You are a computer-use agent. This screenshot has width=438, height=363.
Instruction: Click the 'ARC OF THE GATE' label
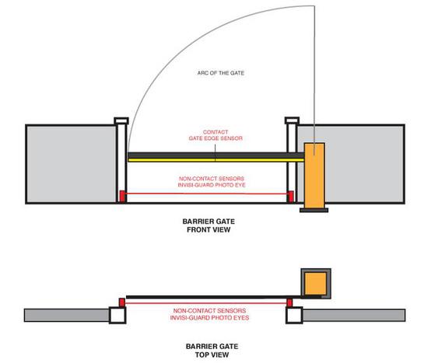pyautogui.click(x=221, y=73)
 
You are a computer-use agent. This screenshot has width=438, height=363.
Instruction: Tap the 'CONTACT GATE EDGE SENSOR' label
pyautogui.click(x=215, y=135)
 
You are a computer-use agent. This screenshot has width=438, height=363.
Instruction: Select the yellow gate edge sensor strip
pyautogui.click(x=216, y=160)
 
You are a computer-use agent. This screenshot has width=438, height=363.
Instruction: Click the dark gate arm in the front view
pyautogui.click(x=216, y=155)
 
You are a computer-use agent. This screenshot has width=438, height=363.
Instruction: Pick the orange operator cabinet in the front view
pyautogui.click(x=314, y=176)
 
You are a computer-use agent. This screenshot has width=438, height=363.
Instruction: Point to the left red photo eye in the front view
pyautogui.click(x=122, y=196)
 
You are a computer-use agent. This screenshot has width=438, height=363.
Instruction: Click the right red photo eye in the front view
pyautogui.click(x=291, y=196)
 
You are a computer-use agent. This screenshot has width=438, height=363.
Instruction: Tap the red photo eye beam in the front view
pyautogui.click(x=206, y=194)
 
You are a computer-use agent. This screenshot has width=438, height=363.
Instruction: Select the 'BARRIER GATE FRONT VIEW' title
pyautogui.click(x=208, y=225)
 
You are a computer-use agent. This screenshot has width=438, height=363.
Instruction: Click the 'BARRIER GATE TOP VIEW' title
pyautogui.click(x=212, y=351)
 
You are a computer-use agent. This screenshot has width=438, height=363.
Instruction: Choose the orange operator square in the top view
pyautogui.click(x=316, y=284)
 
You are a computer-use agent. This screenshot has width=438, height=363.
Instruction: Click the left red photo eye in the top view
pyautogui.click(x=122, y=302)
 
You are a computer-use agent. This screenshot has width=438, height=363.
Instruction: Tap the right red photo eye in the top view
pyautogui.click(x=289, y=302)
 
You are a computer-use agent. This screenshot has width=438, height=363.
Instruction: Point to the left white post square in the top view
pyautogui.click(x=117, y=316)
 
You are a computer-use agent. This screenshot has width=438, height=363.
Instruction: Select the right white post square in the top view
pyautogui.click(x=294, y=316)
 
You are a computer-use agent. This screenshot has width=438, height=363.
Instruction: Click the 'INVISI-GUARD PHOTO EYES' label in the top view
pyautogui.click(x=209, y=318)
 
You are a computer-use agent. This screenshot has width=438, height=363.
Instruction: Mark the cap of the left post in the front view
pyautogui.click(x=121, y=120)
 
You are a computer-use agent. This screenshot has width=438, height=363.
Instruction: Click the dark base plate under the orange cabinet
pyautogui.click(x=314, y=210)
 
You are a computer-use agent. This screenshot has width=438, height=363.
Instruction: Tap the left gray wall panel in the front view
pyautogui.click(x=71, y=164)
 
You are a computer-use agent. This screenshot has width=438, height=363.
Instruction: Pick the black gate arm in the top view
pyautogui.click(x=214, y=297)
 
